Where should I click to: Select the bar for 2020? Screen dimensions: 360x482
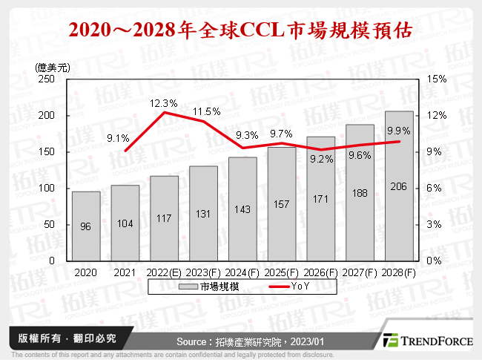coord(86,226)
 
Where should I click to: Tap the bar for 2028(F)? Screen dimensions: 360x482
coord(399,186)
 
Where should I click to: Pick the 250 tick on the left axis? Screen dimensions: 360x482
coord(50,79)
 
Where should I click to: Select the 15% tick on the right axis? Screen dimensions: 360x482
coord(438,79)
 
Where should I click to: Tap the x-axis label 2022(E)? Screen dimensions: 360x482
coord(165,272)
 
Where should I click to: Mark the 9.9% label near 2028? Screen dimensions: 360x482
coord(398,131)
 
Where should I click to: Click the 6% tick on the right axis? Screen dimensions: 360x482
coord(435,188)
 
